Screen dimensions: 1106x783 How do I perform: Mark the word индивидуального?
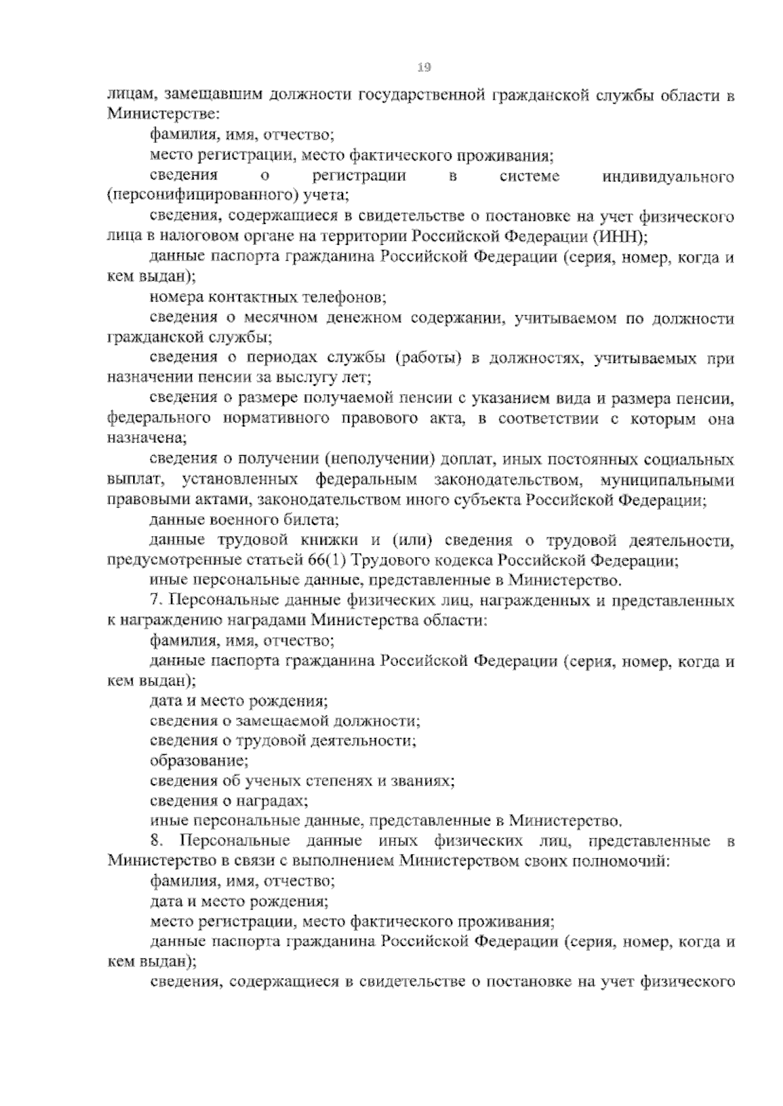669,176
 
